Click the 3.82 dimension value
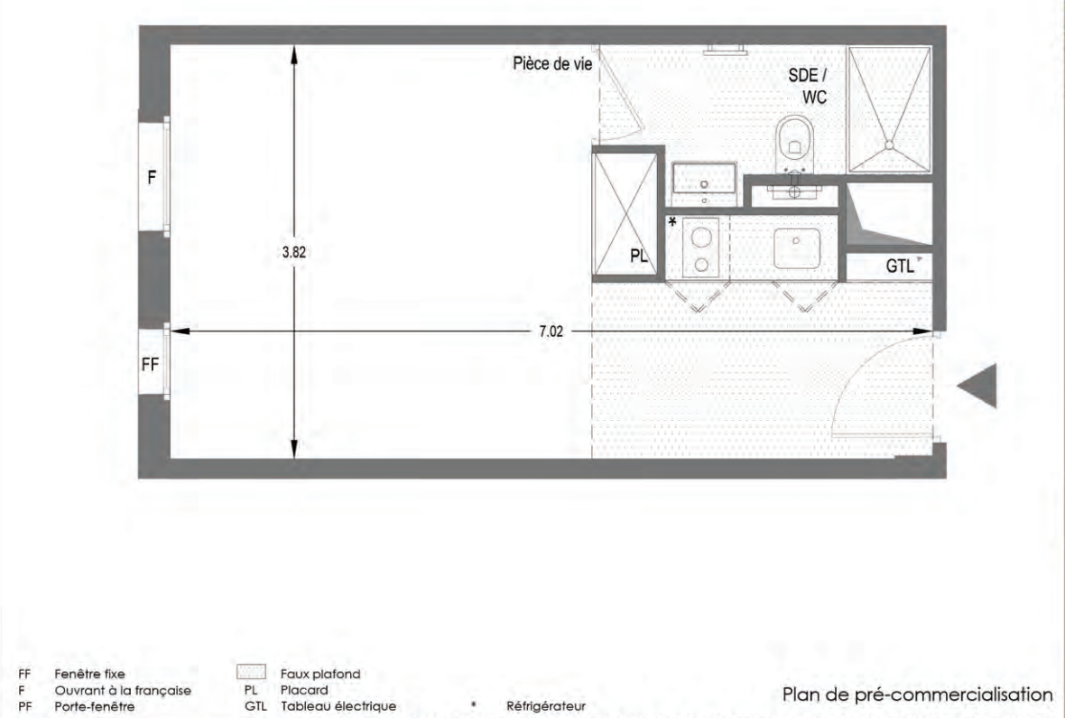294,252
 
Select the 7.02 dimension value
551,331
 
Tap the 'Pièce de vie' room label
552,64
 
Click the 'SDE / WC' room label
808,86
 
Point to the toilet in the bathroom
794,145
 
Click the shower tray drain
889,145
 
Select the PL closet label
638,256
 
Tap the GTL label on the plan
900,266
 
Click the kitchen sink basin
797,247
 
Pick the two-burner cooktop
701,247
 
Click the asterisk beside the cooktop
672,221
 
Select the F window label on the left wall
152,177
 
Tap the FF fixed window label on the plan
150,365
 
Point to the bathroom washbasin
704,178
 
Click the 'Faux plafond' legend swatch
251,673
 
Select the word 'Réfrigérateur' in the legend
546,706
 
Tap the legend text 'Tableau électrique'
338,706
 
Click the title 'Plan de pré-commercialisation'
917,695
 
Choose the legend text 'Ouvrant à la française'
123,690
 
